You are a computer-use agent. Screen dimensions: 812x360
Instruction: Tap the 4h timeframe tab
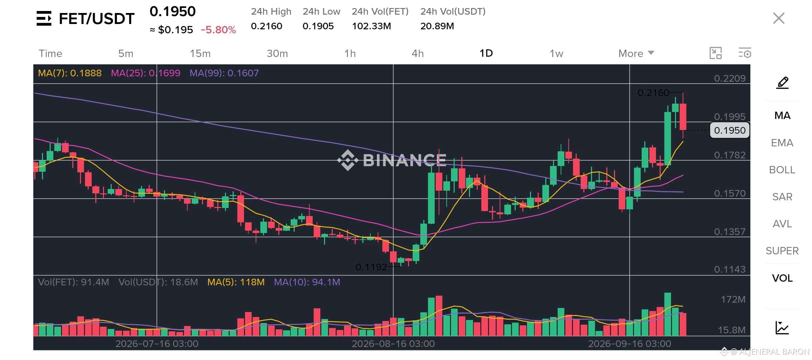tap(418, 53)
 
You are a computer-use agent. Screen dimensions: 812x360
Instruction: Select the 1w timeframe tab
tap(556, 53)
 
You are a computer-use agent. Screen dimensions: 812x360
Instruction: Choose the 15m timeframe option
tap(200, 53)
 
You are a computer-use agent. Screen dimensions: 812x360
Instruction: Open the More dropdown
tap(636, 53)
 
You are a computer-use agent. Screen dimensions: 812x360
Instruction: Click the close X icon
tap(779, 18)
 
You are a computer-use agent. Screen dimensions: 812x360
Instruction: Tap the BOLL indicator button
tap(782, 170)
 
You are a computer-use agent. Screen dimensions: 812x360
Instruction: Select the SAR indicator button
tap(782, 197)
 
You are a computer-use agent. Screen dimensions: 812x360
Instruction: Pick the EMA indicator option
tap(782, 143)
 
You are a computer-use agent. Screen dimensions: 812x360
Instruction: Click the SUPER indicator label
tap(782, 251)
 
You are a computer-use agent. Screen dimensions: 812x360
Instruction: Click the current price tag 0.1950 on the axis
tap(730, 130)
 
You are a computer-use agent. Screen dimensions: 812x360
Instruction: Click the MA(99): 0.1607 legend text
tap(224, 73)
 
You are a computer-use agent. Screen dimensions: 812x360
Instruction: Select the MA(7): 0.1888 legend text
tap(70, 73)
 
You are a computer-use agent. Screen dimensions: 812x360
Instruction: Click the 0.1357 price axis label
tap(730, 232)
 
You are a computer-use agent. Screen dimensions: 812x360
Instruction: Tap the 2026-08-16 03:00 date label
tap(393, 344)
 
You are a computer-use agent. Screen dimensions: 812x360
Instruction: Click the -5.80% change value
tap(218, 30)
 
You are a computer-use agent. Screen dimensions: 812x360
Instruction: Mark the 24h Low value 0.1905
tap(318, 26)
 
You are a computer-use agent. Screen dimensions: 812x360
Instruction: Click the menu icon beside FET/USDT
tap(44, 18)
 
